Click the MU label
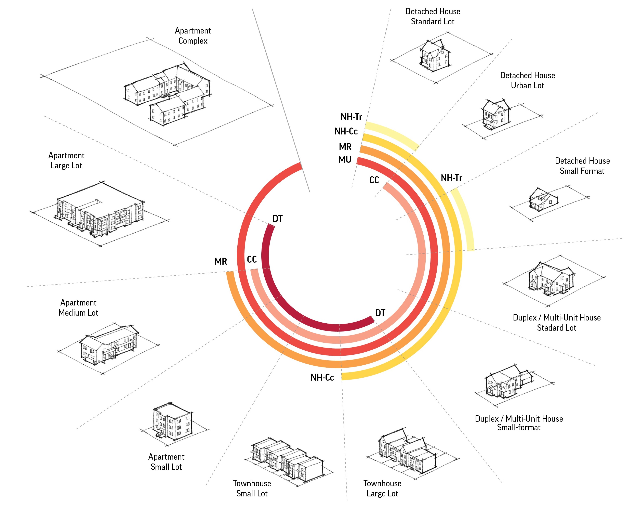click(345, 159)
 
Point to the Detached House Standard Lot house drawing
click(435, 56)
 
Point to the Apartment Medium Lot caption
click(78, 308)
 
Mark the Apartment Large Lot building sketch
click(100, 210)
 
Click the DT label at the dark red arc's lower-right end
click(380, 313)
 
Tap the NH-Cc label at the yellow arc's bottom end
click(322, 377)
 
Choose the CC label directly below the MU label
click(374, 180)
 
